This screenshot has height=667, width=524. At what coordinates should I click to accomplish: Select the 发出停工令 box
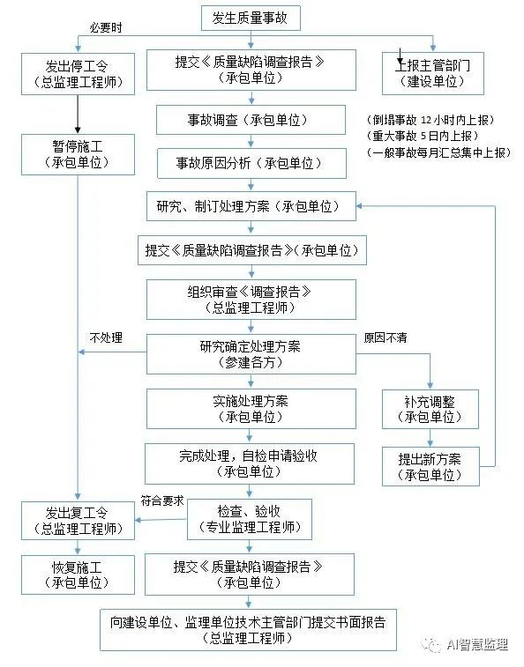pos(79,73)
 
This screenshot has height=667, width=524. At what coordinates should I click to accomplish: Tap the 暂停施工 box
pos(79,152)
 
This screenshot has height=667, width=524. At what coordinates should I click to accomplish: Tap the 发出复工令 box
pos(79,519)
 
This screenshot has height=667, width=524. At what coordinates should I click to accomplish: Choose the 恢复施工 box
pos(79,573)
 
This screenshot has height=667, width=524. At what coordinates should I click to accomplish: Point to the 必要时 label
pos(106,27)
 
